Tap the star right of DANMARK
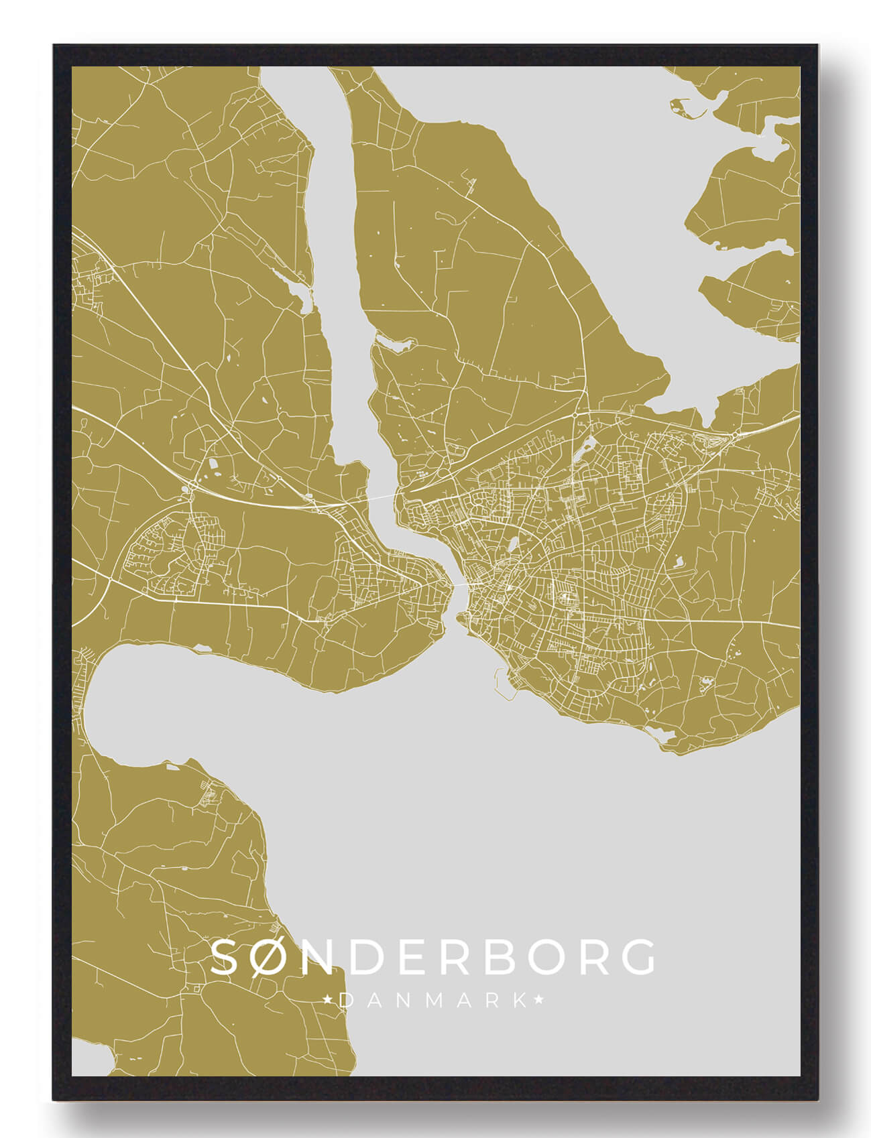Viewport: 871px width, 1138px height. tap(538, 1001)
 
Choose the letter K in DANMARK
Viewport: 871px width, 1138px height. tap(519, 1001)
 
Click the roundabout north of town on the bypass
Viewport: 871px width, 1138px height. tap(576, 416)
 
